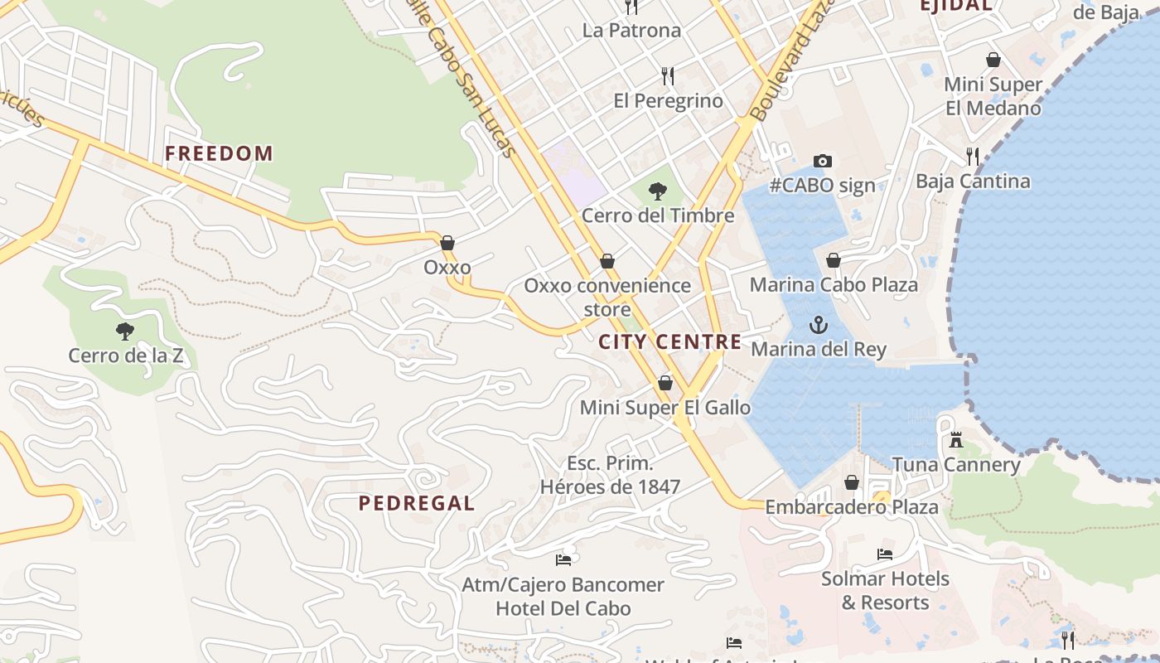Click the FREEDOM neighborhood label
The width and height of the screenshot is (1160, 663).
click(x=219, y=153)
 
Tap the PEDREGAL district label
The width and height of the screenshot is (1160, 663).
click(x=417, y=503)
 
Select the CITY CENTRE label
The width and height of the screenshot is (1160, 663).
click(x=670, y=341)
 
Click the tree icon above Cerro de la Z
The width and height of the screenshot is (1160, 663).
click(x=125, y=332)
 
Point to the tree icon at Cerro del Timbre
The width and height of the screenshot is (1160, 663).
click(x=658, y=192)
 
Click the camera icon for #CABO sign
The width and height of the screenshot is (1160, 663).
click(x=822, y=161)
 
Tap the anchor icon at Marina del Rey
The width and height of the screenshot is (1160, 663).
click(x=819, y=325)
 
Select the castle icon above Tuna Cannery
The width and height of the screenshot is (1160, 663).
click(x=956, y=440)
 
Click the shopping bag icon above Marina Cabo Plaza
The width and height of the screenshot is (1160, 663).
click(x=834, y=261)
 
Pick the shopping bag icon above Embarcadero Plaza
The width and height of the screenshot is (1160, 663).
click(x=852, y=482)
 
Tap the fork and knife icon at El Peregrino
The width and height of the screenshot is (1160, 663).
click(x=668, y=76)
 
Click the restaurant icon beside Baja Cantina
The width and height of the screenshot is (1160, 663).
click(x=973, y=156)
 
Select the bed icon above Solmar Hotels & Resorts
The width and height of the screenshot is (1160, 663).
click(x=885, y=554)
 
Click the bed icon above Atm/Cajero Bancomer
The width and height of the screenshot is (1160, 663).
click(x=563, y=560)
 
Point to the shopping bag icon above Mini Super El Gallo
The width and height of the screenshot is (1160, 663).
click(x=665, y=383)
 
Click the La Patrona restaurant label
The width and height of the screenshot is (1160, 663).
click(x=631, y=31)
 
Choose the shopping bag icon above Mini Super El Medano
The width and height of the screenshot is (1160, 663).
click(x=993, y=60)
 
